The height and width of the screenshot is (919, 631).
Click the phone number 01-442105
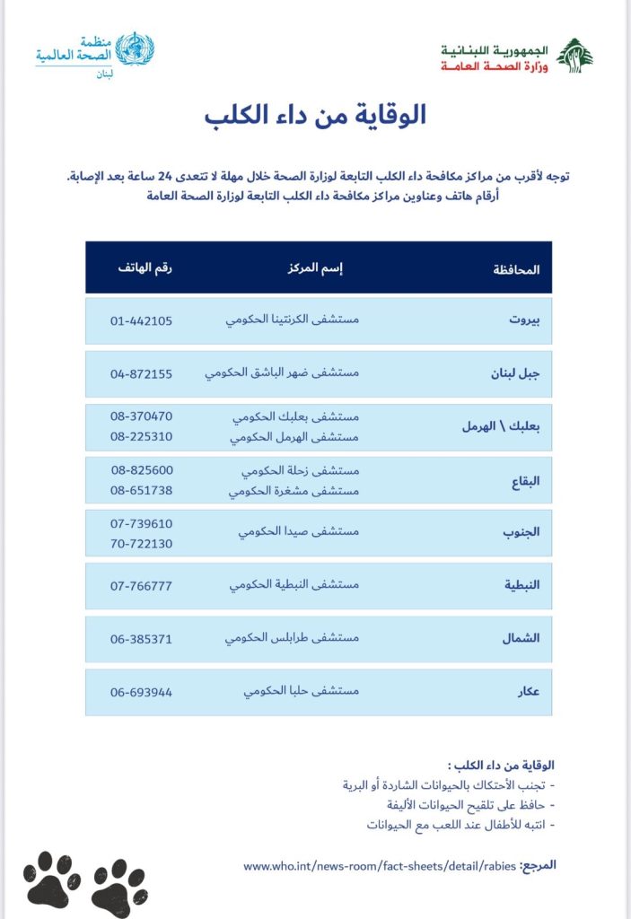(142, 320)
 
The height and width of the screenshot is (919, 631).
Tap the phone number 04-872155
(142, 372)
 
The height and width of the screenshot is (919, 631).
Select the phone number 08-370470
(142, 416)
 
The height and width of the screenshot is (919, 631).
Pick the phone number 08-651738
(142, 490)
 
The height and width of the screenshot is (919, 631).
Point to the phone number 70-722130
(142, 543)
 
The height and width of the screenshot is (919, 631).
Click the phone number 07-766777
(142, 586)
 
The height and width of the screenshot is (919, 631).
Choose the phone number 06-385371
(142, 639)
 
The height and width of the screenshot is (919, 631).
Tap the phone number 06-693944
(142, 692)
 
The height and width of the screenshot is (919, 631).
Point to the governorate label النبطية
(520, 586)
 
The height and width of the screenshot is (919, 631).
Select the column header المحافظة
(517, 268)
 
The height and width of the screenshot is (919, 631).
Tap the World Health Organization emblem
(136, 49)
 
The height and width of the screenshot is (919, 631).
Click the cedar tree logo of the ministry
(574, 56)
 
